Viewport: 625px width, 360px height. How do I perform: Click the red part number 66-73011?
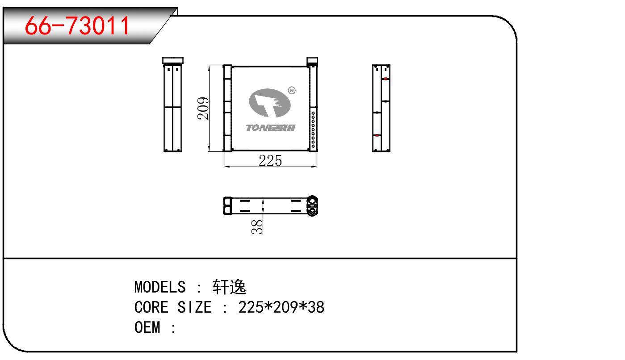77,25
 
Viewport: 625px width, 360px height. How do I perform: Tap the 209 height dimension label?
203,109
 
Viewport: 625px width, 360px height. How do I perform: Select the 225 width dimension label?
270,161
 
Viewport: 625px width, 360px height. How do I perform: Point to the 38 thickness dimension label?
257,226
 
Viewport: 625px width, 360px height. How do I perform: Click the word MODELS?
160,287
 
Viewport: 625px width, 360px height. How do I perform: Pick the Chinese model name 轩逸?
229,287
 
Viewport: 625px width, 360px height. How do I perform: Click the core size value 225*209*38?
281,307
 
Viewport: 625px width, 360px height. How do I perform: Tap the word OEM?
147,327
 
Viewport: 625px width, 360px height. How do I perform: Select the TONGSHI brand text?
270,128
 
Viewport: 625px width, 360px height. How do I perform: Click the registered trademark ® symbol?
292,90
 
